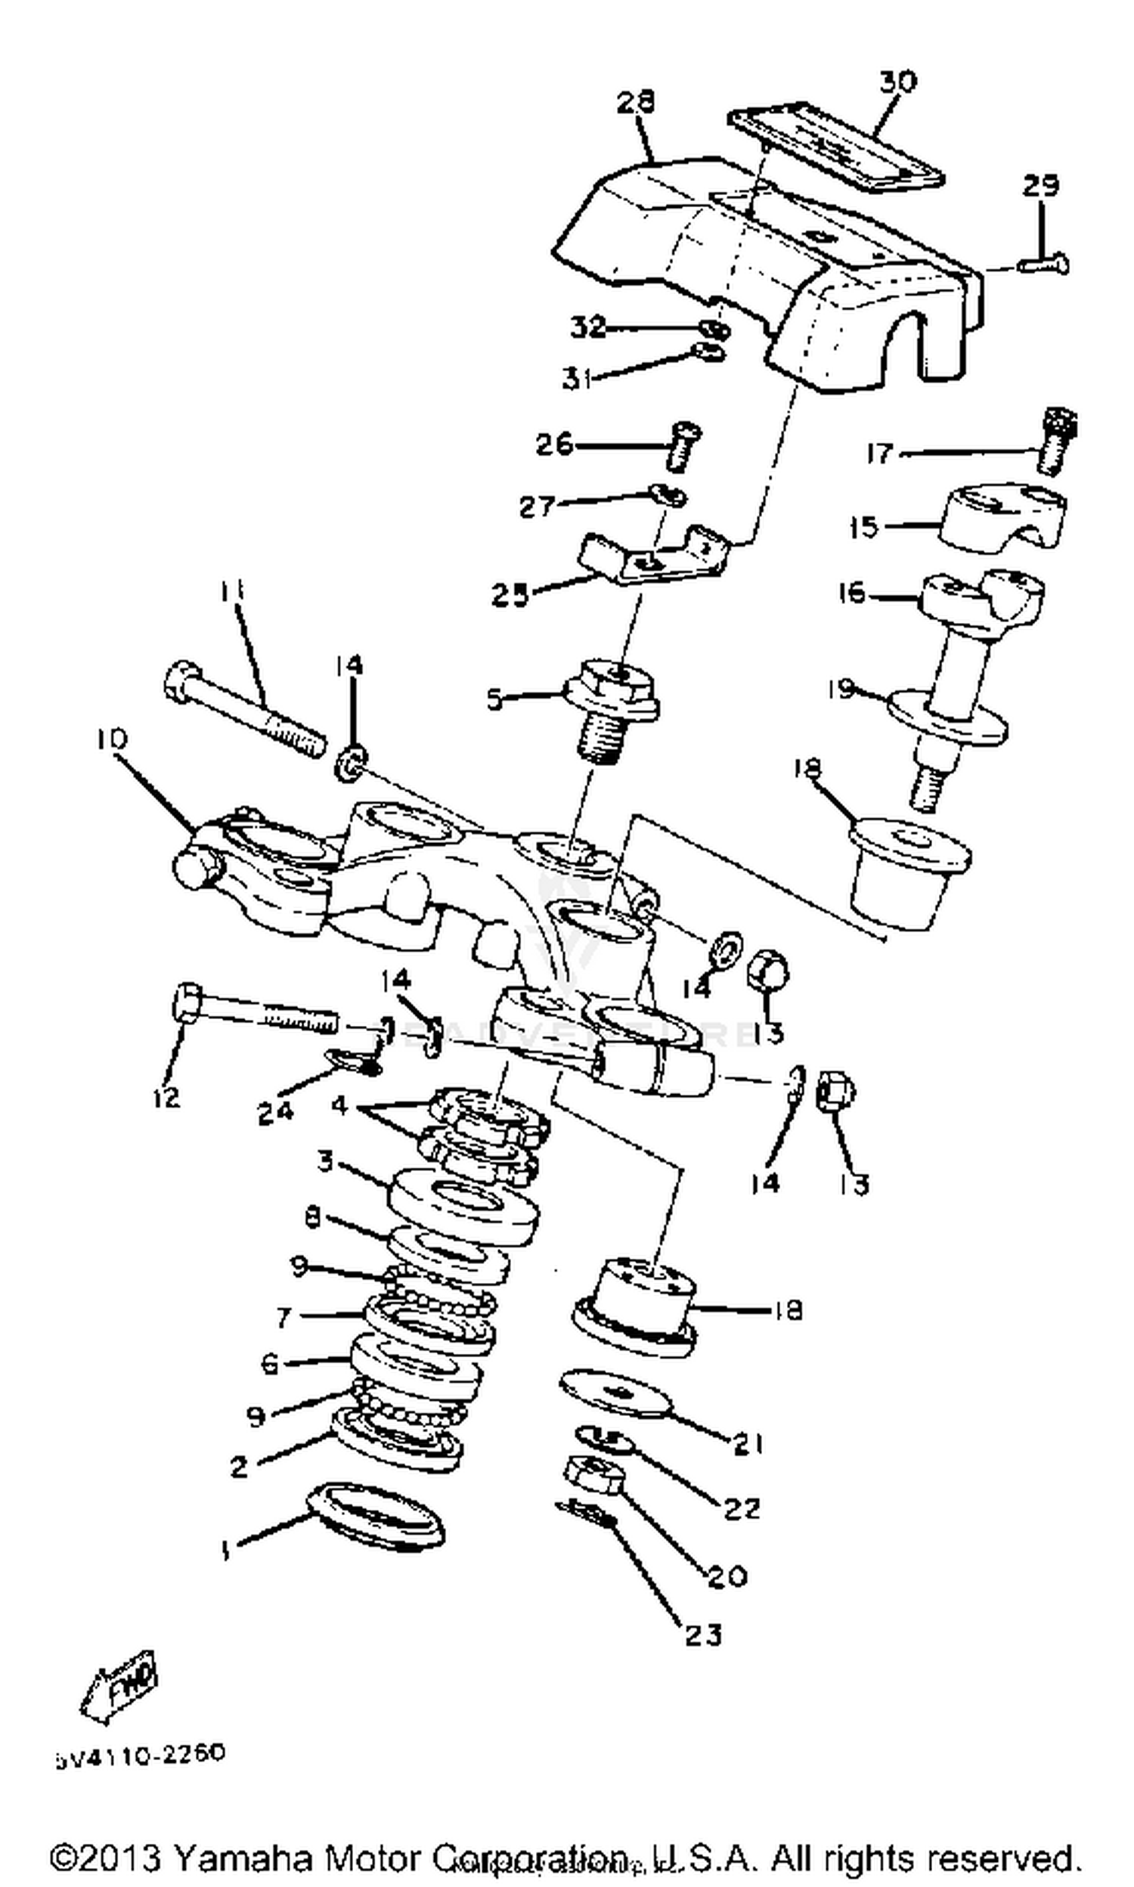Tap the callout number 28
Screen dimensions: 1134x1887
tap(636, 102)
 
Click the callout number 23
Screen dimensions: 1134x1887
tap(703, 1634)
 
